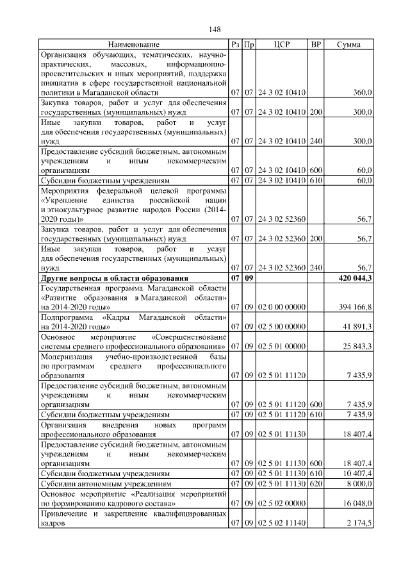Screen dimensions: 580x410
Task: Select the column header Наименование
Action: (133, 44)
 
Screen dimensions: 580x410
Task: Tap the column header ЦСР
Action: (282, 44)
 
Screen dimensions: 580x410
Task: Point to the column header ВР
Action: (315, 44)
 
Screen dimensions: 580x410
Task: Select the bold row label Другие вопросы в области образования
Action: (115, 279)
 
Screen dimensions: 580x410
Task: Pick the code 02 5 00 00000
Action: (282, 327)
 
